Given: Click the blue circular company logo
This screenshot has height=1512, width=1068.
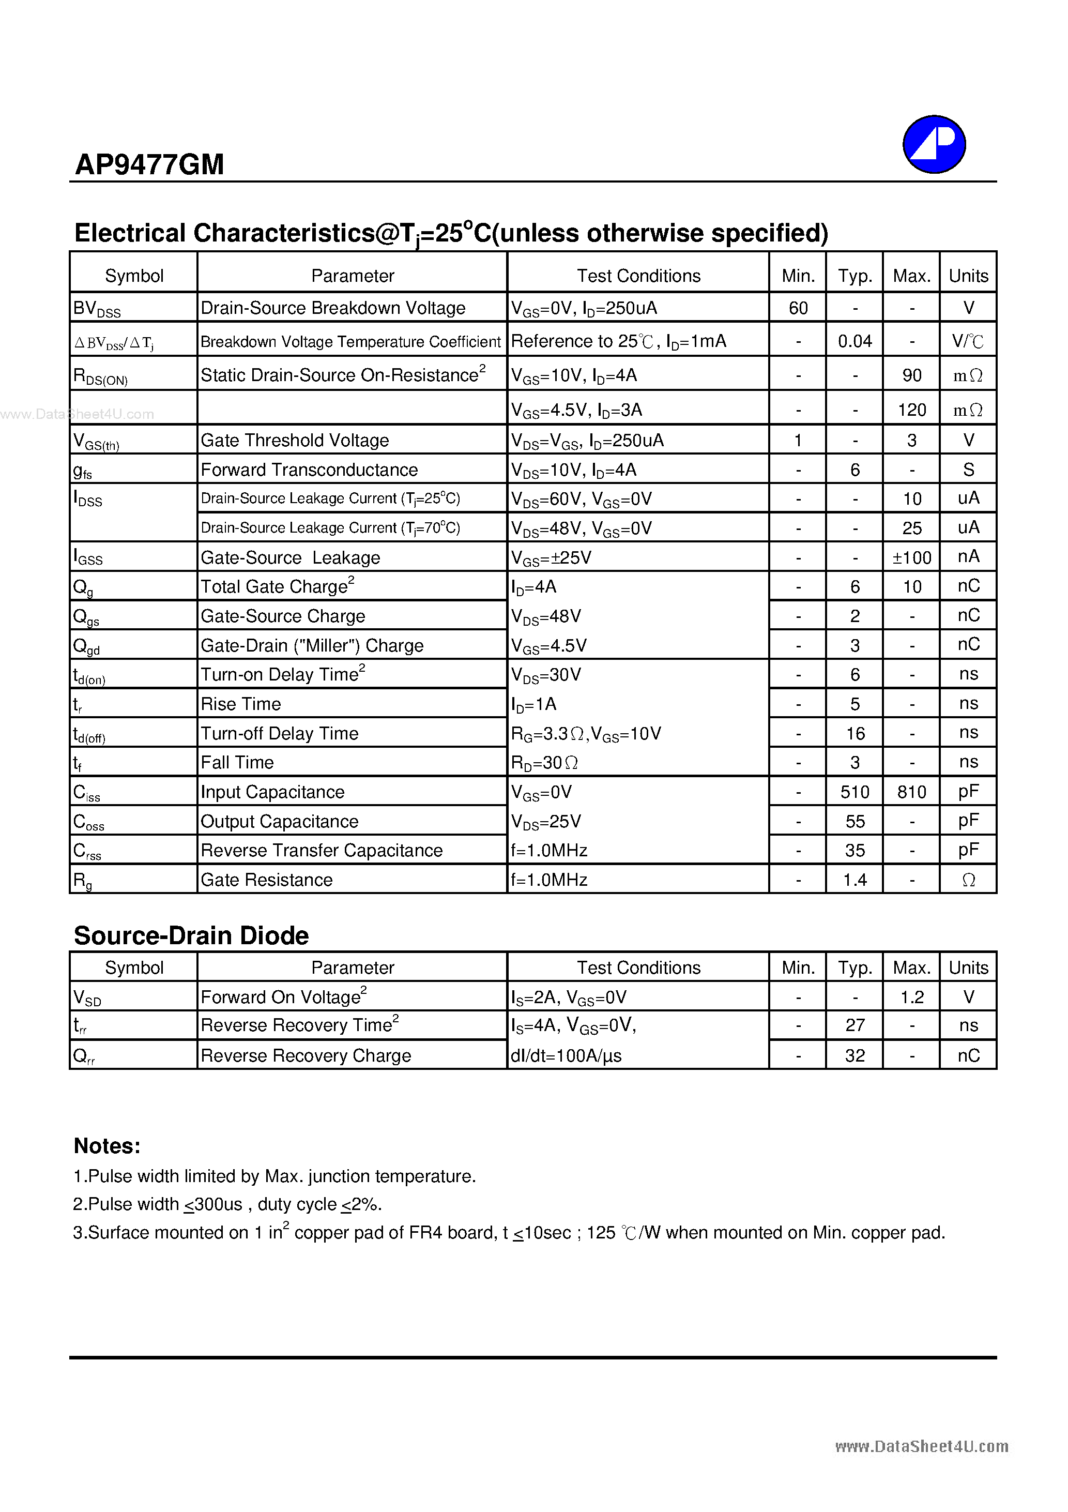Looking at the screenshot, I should (934, 144).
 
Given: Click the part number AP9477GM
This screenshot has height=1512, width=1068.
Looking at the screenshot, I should (149, 164).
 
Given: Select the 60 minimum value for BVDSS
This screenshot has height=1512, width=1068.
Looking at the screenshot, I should (798, 308).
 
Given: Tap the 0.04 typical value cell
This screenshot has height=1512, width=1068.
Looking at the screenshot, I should (855, 341).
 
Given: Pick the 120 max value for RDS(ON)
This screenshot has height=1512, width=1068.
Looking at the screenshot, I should (911, 410).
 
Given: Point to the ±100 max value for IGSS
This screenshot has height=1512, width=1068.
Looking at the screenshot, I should (911, 558).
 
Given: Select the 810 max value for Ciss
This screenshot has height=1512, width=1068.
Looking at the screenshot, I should (911, 792).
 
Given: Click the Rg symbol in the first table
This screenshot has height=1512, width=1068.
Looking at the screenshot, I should (82, 880).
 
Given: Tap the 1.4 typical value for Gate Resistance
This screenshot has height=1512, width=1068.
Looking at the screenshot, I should (855, 880).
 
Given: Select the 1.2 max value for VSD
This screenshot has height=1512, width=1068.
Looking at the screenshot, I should (911, 997).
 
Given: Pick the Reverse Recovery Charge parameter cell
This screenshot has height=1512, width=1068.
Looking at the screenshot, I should (306, 1055).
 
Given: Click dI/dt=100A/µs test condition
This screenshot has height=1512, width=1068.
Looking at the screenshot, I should (566, 1055).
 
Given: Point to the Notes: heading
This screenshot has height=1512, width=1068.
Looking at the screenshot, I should (106, 1146).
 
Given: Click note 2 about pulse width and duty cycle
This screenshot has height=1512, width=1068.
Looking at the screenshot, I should (227, 1204).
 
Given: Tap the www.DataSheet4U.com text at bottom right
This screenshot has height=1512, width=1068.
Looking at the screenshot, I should (921, 1446).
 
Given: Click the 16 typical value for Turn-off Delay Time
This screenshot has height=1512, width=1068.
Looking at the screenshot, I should (855, 733).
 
